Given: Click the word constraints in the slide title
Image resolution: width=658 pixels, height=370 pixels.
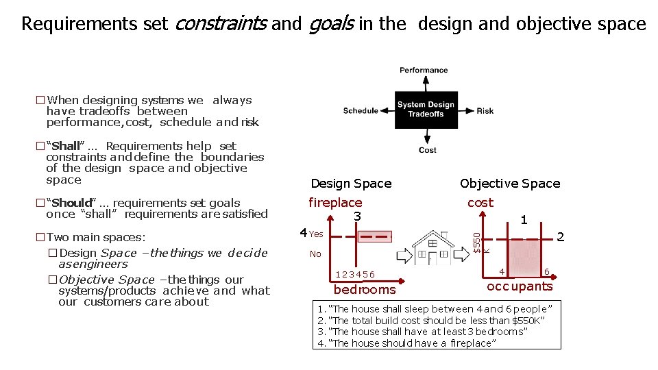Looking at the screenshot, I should click(x=221, y=24).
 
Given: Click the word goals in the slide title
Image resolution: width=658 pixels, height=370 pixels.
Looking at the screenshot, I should click(x=331, y=24).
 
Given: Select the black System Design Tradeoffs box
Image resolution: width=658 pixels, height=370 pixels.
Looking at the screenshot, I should click(x=426, y=110).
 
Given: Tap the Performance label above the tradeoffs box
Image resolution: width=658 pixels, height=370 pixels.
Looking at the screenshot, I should click(x=424, y=70).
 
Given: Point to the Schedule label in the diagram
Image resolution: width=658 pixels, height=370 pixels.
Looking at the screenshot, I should click(x=361, y=110).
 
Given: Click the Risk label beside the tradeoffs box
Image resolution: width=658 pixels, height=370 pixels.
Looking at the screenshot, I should click(x=485, y=110).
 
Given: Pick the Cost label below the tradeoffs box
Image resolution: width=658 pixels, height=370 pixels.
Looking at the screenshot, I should click(x=428, y=150).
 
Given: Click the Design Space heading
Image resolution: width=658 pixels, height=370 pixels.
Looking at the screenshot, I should click(x=351, y=184).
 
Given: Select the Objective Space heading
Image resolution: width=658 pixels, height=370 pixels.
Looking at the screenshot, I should click(x=510, y=184).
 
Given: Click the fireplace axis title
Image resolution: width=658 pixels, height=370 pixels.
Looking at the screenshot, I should click(x=335, y=203).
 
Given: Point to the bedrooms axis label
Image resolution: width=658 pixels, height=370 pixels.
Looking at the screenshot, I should click(x=365, y=290).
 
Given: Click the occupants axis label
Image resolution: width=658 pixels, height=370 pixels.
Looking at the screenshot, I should click(x=520, y=286).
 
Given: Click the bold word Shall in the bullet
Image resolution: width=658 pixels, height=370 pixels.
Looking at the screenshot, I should click(x=66, y=146).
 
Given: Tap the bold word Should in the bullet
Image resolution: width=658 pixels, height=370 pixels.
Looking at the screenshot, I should click(x=71, y=203).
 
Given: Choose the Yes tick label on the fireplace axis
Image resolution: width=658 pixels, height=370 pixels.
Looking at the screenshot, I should click(x=315, y=234).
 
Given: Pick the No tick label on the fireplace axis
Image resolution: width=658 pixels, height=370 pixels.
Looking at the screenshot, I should click(x=315, y=254).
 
